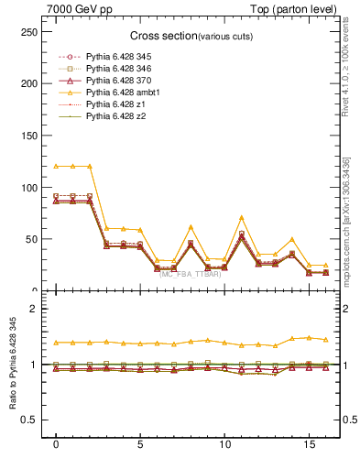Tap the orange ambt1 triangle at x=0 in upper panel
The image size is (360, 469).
56,166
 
